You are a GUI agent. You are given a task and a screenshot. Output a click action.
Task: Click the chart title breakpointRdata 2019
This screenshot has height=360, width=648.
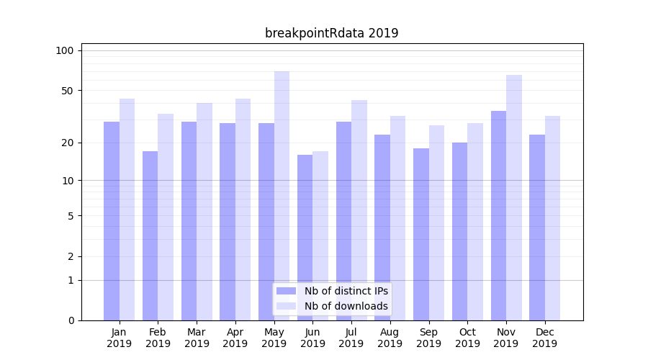[x=331, y=33]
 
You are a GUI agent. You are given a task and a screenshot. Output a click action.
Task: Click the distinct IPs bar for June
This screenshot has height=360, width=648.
[x=305, y=238]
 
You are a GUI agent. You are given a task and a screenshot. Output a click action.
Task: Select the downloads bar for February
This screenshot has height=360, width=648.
[x=166, y=217]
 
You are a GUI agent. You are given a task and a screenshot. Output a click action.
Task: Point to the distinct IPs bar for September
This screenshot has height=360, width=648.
[x=421, y=234]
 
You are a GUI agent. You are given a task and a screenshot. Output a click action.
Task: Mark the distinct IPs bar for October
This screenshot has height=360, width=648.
[x=459, y=231]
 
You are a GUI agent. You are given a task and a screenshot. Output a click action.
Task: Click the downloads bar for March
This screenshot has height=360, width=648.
[x=204, y=212]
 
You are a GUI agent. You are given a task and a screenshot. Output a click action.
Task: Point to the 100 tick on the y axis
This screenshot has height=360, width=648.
[x=65, y=50]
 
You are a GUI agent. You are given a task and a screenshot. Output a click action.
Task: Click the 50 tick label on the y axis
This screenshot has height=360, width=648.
[x=68, y=91]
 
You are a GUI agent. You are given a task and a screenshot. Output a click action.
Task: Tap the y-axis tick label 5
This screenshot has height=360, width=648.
[x=71, y=215]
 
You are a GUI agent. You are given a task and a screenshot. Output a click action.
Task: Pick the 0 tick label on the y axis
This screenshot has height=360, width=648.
[x=71, y=320]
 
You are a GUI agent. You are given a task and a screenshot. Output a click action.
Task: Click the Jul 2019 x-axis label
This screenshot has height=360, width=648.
[x=351, y=338]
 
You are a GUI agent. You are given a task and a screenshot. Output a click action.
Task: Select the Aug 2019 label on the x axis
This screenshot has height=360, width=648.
[x=390, y=338]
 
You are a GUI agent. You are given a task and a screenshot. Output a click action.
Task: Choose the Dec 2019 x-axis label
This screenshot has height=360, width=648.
[x=545, y=338]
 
